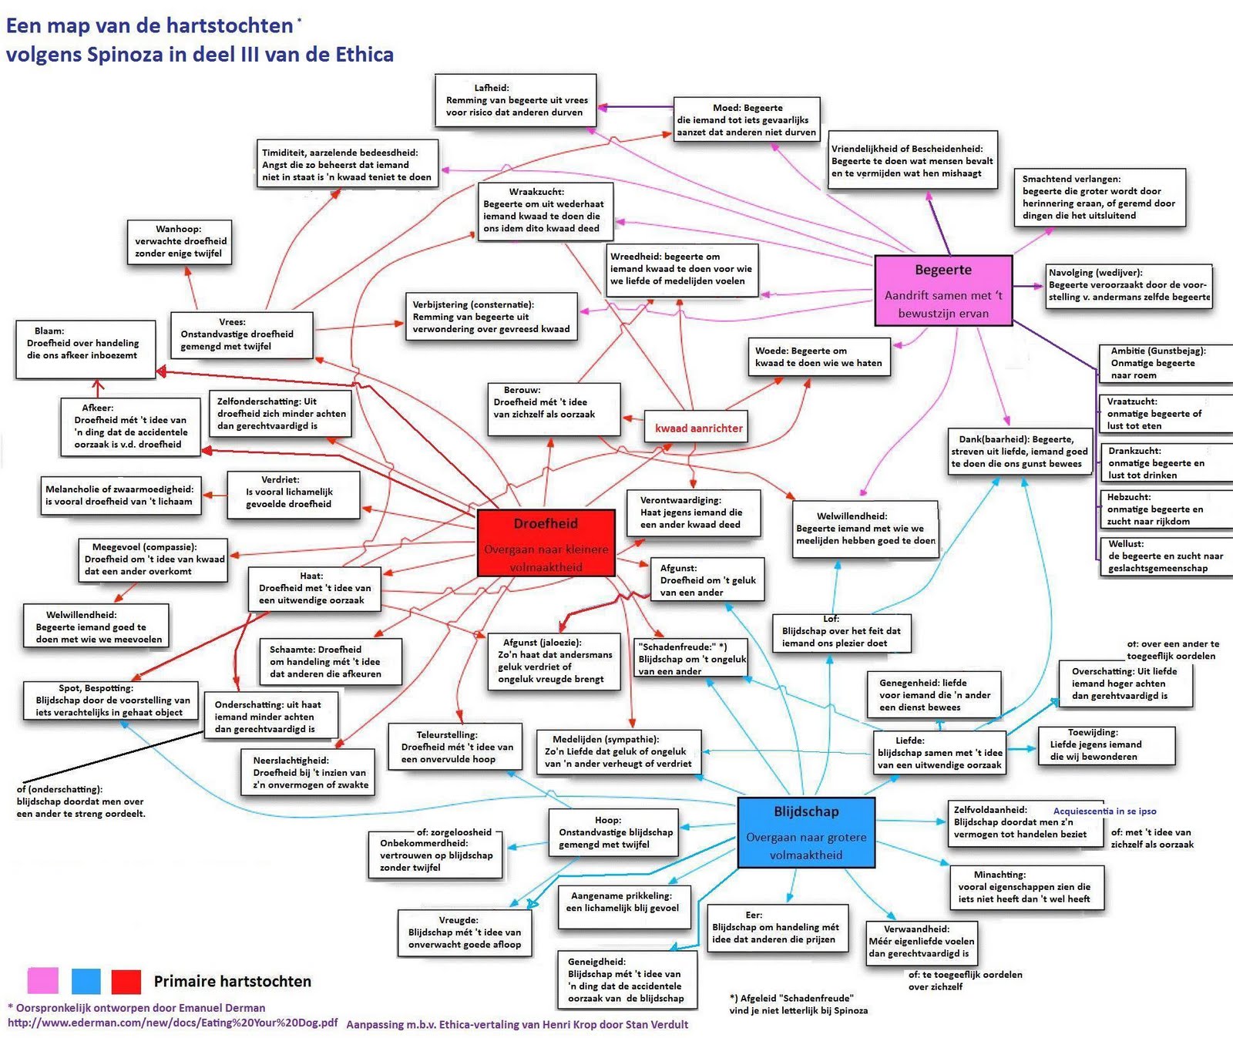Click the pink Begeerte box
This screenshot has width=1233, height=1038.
(942, 291)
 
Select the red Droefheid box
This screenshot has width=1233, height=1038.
(546, 543)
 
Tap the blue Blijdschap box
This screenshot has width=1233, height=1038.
(806, 832)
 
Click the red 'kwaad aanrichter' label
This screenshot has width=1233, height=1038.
(698, 428)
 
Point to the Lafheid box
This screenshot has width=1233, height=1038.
(516, 100)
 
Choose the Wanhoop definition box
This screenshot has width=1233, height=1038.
(179, 241)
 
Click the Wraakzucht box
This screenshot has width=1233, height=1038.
(546, 210)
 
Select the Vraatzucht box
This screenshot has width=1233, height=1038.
(1164, 414)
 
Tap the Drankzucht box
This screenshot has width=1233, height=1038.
(1164, 462)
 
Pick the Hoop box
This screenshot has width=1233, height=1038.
(614, 832)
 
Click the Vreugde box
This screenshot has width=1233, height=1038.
(465, 932)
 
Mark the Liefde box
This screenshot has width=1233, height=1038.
(939, 752)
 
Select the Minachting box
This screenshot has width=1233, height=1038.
(1025, 887)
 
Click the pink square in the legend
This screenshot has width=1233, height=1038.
(42, 981)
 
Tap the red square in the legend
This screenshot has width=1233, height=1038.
(126, 981)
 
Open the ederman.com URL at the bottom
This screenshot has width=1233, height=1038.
(173, 1023)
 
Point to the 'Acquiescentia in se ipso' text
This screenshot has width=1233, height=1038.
(1104, 811)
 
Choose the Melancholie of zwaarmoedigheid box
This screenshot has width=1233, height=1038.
(119, 495)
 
